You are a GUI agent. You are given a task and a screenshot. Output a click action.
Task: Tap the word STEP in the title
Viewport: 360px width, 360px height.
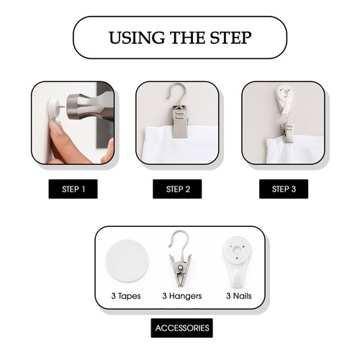(230, 37)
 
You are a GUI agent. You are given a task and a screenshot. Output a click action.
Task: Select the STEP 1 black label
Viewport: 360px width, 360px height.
(73, 189)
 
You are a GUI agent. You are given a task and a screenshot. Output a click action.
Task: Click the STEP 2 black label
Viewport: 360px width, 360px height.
(177, 189)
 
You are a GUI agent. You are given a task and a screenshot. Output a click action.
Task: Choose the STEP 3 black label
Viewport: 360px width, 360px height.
(284, 189)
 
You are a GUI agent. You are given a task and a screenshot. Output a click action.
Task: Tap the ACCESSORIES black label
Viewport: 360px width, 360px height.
(182, 328)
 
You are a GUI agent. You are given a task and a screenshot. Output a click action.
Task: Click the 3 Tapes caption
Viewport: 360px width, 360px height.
(126, 296)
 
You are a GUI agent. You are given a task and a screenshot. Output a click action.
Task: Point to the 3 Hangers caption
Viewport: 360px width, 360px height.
(182, 296)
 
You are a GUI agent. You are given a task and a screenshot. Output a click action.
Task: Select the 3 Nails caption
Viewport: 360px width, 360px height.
(239, 296)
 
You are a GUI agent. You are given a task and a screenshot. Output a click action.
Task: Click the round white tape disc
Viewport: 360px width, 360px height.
(127, 261)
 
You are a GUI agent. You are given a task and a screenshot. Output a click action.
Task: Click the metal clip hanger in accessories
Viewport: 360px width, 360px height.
(180, 259)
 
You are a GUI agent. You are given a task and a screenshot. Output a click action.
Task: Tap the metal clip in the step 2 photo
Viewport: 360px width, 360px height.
(179, 121)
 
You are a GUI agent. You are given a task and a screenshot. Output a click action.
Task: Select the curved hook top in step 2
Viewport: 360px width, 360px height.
(178, 92)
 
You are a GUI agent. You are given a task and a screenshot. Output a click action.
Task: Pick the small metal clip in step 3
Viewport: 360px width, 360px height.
(288, 132)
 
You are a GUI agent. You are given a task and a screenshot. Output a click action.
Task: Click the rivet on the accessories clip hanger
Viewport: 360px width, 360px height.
(180, 267)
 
